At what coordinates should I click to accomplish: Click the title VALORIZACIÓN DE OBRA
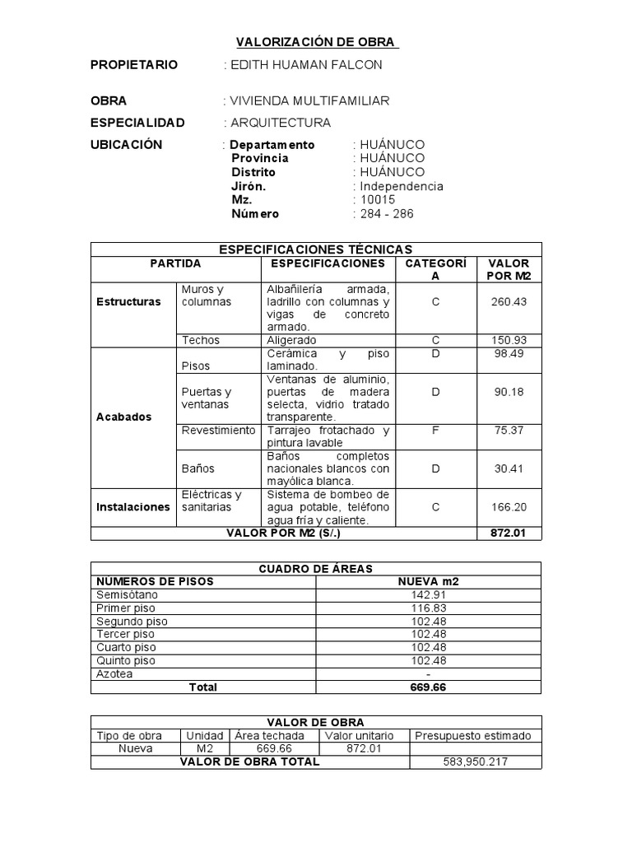click(317, 41)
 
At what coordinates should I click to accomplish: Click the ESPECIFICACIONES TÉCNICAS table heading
click(316, 249)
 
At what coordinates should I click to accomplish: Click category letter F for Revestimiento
click(435, 431)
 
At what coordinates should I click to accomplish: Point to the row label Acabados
click(123, 417)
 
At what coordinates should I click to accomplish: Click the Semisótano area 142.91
click(428, 594)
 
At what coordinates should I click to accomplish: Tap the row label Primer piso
click(126, 608)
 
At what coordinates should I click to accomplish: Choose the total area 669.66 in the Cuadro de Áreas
click(428, 687)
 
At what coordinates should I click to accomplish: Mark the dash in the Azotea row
click(428, 674)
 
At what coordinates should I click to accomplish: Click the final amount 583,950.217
click(475, 762)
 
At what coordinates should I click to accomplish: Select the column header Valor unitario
click(360, 736)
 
